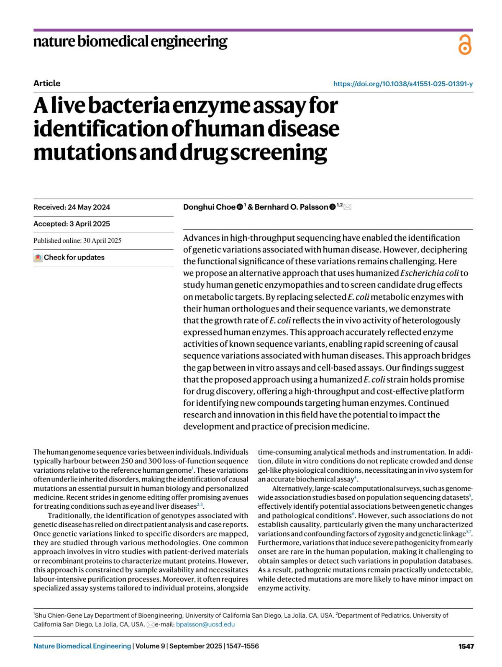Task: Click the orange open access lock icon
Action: tap(464, 44)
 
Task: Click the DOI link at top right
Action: tap(403, 84)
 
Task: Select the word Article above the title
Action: tap(47, 83)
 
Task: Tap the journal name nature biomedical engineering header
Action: tap(130, 41)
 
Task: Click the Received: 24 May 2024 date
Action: tap(72, 207)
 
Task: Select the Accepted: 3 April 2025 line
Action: tap(72, 224)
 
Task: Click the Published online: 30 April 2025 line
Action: tap(77, 241)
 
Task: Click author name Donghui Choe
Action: tap(209, 207)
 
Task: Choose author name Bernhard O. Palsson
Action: tap(291, 207)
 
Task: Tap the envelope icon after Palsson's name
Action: tap(347, 207)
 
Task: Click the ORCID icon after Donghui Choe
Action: tap(240, 207)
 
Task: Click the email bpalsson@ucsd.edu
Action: tap(205, 624)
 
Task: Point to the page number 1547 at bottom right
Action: tap(466, 646)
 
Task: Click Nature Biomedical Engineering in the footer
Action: tap(82, 646)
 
